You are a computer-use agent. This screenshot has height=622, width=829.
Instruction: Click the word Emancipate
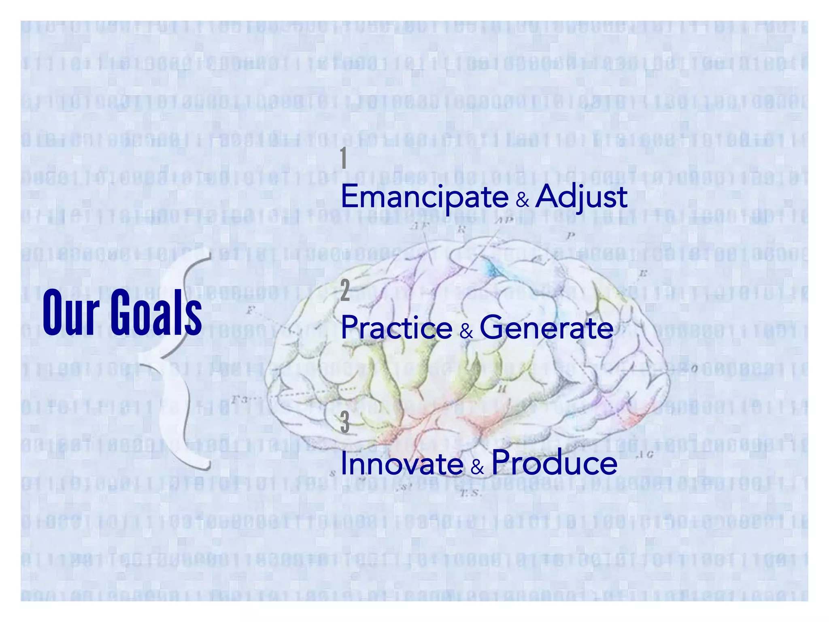click(x=425, y=197)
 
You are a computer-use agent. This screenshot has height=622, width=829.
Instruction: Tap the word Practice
click(x=397, y=328)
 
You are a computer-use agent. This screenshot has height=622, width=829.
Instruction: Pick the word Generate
click(x=546, y=328)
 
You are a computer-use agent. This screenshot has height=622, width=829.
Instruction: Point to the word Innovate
click(x=402, y=463)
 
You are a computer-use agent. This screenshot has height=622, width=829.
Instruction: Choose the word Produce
click(x=555, y=462)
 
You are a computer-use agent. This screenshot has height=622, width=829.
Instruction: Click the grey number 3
click(x=345, y=422)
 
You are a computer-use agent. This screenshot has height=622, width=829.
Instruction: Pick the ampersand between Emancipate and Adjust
click(x=523, y=200)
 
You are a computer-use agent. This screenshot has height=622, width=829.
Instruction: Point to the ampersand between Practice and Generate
click(x=466, y=332)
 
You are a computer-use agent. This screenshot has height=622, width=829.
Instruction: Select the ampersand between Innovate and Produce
click(x=478, y=467)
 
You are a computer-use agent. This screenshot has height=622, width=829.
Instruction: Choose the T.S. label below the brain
click(x=470, y=494)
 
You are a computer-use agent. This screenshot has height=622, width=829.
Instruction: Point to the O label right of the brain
click(x=694, y=369)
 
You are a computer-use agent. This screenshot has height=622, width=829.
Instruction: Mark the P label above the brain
click(x=571, y=235)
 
